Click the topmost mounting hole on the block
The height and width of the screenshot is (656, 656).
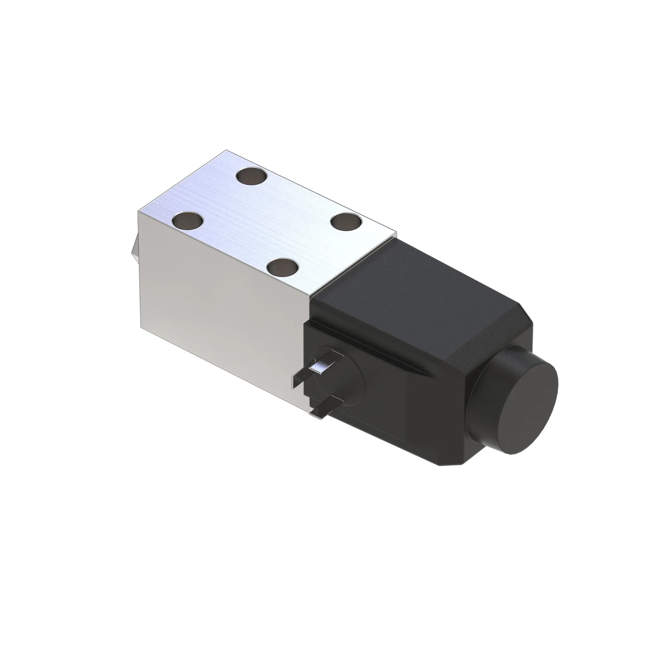coord(252,177)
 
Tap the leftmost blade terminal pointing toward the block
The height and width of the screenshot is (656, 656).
coord(299,380)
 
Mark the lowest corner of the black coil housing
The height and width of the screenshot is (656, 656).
coord(441,465)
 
